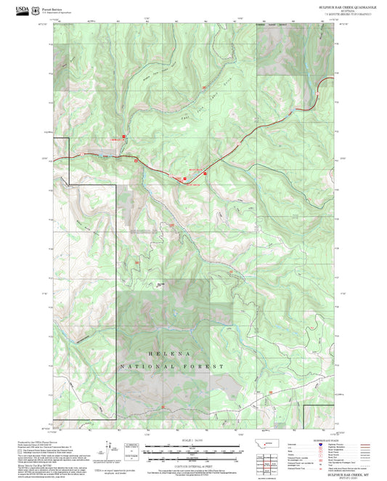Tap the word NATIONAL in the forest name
pos(150,367)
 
